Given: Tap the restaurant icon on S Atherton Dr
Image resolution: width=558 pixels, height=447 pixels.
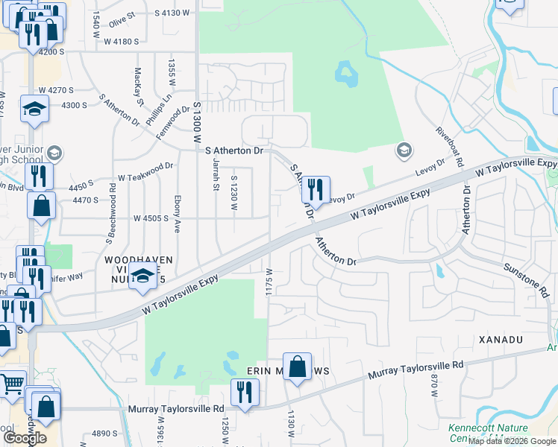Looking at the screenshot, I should (315, 190).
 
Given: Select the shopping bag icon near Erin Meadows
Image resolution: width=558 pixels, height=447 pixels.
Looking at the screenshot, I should (297, 367).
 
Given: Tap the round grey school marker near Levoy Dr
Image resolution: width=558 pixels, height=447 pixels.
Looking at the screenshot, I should (404, 150).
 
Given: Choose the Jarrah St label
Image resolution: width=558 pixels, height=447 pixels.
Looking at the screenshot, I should (215, 174).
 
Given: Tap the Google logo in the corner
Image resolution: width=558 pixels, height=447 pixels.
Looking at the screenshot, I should (25, 438).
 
